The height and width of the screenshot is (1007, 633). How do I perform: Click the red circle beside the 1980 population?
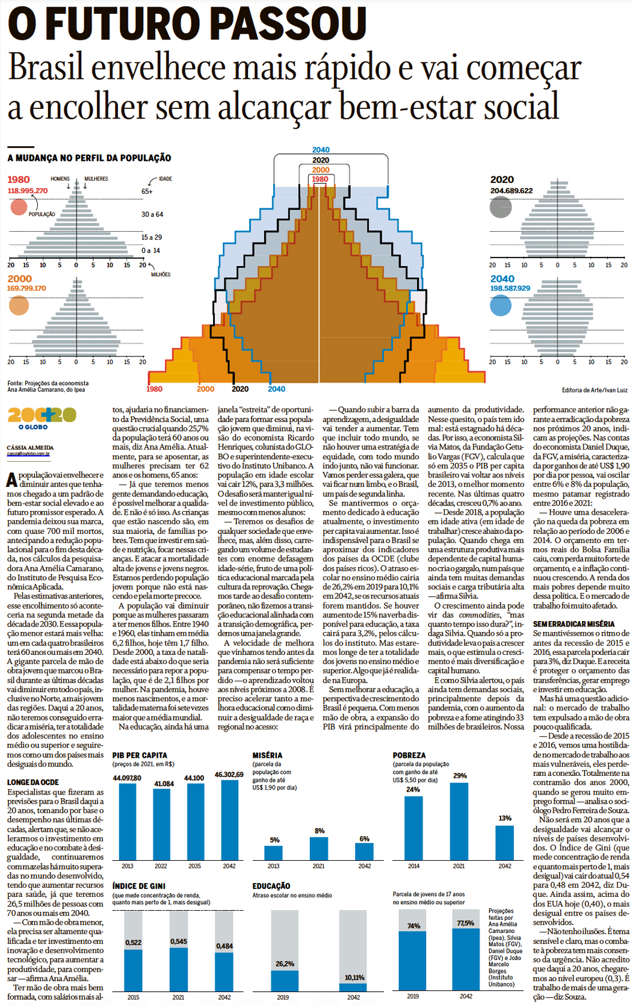19,207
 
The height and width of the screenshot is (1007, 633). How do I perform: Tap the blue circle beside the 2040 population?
501,305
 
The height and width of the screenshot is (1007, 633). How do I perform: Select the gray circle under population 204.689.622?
501,208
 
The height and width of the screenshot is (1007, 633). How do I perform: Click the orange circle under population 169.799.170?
19,305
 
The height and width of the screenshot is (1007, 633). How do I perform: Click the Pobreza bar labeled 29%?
459,821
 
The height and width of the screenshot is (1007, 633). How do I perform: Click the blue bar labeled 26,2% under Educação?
285,981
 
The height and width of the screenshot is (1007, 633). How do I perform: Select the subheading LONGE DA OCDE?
33,782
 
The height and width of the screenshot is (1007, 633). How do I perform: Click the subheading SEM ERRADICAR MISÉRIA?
573,624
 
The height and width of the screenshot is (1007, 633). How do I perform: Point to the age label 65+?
147,191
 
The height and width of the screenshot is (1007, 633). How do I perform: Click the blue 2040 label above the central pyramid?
321,150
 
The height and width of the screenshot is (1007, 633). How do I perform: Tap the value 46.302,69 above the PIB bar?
229,774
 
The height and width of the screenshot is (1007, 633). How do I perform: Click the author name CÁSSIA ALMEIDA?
30,447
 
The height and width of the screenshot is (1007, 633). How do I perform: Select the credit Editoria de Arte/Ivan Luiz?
594,390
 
